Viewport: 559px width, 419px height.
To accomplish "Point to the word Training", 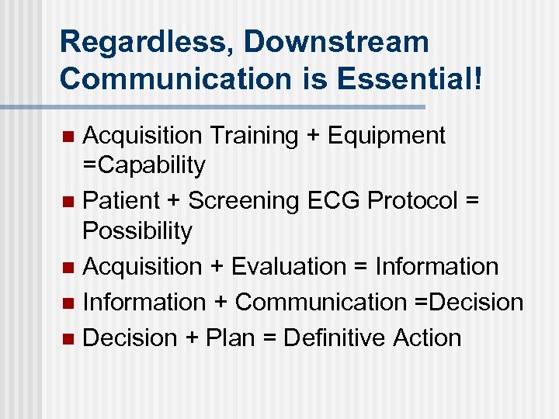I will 252,136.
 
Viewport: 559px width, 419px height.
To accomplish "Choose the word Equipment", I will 386,136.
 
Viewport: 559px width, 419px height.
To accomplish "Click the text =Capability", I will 144,165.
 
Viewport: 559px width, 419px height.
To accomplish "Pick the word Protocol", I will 412,200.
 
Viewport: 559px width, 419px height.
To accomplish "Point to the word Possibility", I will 137,231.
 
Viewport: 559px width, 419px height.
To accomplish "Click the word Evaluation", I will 285,266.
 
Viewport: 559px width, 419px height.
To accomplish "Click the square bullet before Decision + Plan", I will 68,338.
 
